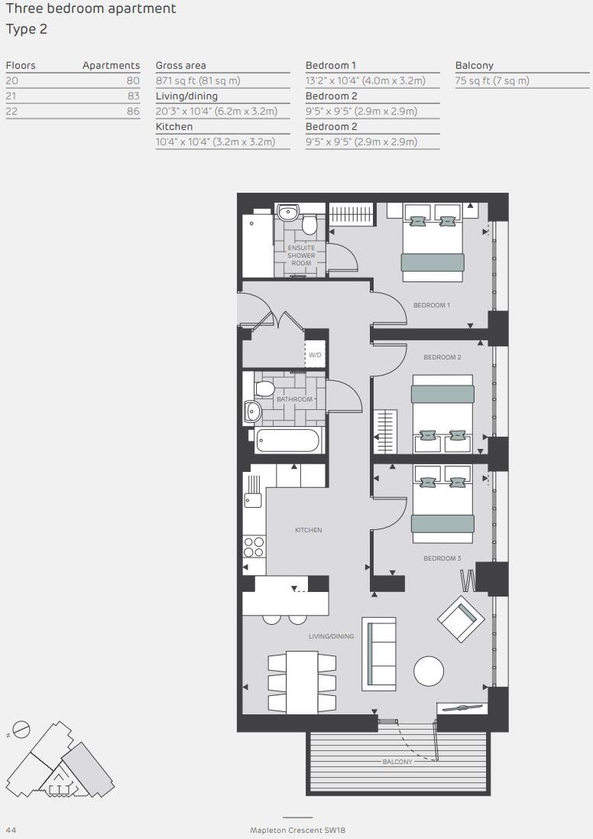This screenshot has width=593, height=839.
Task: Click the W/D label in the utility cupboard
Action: [315, 356]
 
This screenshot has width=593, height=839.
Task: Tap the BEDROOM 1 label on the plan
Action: [431, 305]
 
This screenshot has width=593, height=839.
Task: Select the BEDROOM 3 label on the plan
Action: [442, 558]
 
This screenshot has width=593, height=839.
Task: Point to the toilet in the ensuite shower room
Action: [309, 223]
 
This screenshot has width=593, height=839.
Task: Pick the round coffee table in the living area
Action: [429, 672]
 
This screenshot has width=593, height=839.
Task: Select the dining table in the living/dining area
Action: [302, 682]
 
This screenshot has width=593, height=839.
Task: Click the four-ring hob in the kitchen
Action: [254, 546]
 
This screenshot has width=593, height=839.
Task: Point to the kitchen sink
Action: [251, 499]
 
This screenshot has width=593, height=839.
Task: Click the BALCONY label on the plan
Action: [397, 762]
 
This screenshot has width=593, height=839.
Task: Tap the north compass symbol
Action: [21, 730]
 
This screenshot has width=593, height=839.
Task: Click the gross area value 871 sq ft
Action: [198, 80]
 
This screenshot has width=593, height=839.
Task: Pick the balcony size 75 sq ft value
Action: [492, 80]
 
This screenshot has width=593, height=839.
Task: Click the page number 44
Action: [11, 830]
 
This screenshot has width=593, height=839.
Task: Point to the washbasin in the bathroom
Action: [252, 411]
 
